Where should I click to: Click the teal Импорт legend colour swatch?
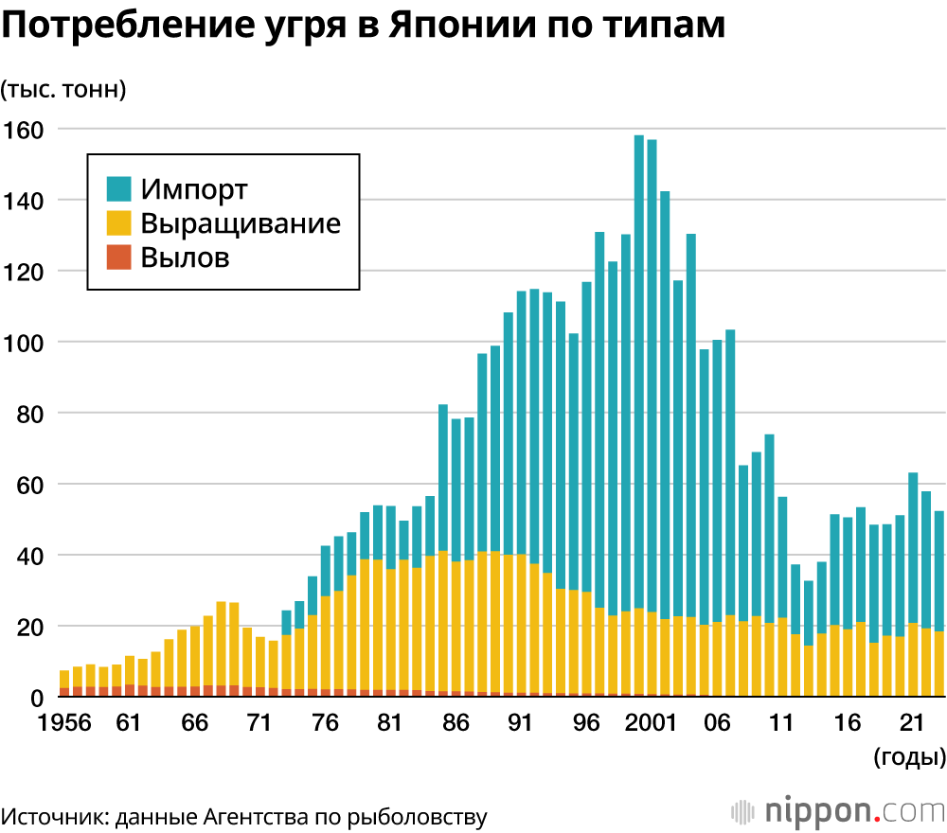point(119,188)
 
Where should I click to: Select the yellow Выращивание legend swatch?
point(119,223)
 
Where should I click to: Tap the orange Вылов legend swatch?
point(119,257)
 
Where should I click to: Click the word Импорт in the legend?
point(194,188)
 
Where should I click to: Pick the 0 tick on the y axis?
point(38,698)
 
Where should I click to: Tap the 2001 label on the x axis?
point(652,723)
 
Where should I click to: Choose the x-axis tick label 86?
point(456,723)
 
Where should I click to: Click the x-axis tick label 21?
point(912,723)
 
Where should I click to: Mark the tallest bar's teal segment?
point(639,369)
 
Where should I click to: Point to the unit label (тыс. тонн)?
point(63,90)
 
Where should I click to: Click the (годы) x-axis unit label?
point(908,756)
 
